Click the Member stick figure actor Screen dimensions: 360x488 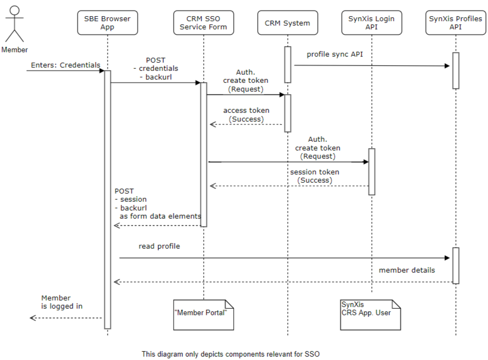click(x=14, y=25)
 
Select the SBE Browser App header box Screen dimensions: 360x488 click(x=107, y=23)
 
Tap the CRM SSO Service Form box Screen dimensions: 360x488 click(x=203, y=23)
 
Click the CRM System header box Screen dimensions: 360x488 click(x=287, y=23)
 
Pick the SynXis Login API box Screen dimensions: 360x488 click(x=371, y=23)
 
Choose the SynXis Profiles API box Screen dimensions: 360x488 click(x=455, y=23)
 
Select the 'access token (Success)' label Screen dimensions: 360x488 click(x=246, y=115)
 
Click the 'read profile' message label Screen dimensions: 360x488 click(x=159, y=247)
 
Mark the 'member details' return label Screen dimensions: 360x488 click(x=407, y=271)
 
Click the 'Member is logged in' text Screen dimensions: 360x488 click(x=62, y=302)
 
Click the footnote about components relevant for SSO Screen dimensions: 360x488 click(x=230, y=354)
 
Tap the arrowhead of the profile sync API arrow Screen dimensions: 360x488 click(x=447, y=66)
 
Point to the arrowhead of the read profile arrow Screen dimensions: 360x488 click(x=447, y=258)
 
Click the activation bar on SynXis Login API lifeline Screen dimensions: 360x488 click(x=371, y=171)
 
